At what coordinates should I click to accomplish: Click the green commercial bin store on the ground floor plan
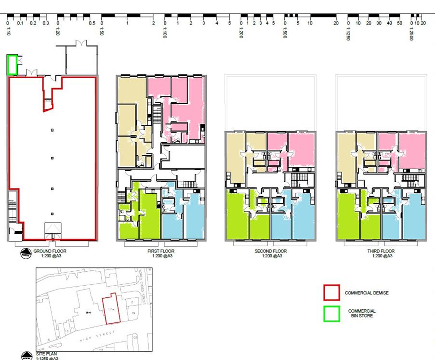point(12,65)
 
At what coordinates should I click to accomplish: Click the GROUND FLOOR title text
point(50,251)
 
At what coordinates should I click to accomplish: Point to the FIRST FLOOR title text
point(161,251)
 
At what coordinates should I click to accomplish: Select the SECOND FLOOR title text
point(270,251)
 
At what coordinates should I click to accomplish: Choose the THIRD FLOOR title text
point(381,251)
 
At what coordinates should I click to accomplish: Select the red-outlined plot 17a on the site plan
point(111,308)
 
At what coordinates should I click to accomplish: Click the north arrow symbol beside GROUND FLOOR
point(25,253)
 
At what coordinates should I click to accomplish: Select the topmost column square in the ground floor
point(53,130)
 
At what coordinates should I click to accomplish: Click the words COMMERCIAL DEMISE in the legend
point(367,293)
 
